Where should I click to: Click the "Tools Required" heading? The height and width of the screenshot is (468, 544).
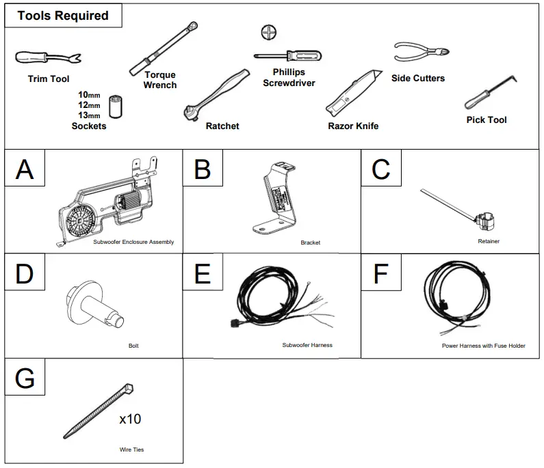click(63, 16)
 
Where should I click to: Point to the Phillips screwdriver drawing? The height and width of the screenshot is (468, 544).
click(287, 57)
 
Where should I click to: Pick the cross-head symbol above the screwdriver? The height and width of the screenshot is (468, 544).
click(268, 31)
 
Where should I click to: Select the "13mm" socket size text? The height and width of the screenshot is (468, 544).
click(89, 115)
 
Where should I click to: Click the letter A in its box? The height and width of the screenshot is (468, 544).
click(25, 169)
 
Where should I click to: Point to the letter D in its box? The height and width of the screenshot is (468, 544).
click(25, 273)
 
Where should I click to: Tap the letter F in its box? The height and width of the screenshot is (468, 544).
click(380, 273)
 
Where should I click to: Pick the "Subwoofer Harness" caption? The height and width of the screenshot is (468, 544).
click(307, 345)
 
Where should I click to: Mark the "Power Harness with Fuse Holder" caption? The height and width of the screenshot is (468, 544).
click(483, 346)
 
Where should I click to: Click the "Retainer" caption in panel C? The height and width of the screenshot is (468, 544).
click(489, 241)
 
